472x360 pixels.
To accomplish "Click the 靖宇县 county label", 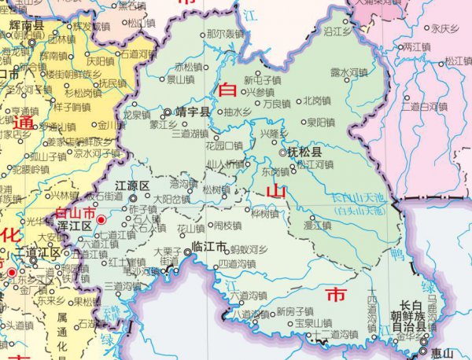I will (x=193, y=112).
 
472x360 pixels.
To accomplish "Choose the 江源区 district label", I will (x=133, y=186).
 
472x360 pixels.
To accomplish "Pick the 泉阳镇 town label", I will (x=322, y=122).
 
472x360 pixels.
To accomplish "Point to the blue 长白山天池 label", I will (x=361, y=197).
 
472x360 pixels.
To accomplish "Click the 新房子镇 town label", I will (x=295, y=310).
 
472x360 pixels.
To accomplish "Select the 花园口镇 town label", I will (x=224, y=145).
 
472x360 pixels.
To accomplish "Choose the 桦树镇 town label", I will (x=265, y=213).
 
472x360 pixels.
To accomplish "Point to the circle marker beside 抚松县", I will (x=283, y=152).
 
